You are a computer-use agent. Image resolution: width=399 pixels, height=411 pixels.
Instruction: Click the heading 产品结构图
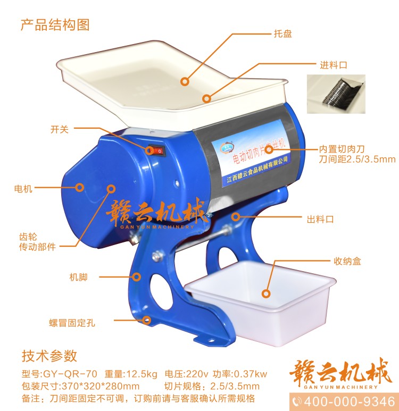point(55,24)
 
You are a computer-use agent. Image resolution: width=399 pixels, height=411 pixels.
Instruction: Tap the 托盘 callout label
point(282,34)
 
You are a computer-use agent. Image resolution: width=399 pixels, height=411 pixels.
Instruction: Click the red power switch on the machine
point(157,151)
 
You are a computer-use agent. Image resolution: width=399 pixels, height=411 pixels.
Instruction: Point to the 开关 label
point(60,129)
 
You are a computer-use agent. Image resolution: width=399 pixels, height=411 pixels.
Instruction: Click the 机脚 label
point(78,277)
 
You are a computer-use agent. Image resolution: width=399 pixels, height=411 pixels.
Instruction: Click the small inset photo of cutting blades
point(336,94)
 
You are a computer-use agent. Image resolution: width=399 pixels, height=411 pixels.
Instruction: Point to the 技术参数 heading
point(49,355)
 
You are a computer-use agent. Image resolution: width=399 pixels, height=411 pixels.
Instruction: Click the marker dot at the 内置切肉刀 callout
point(269,149)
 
